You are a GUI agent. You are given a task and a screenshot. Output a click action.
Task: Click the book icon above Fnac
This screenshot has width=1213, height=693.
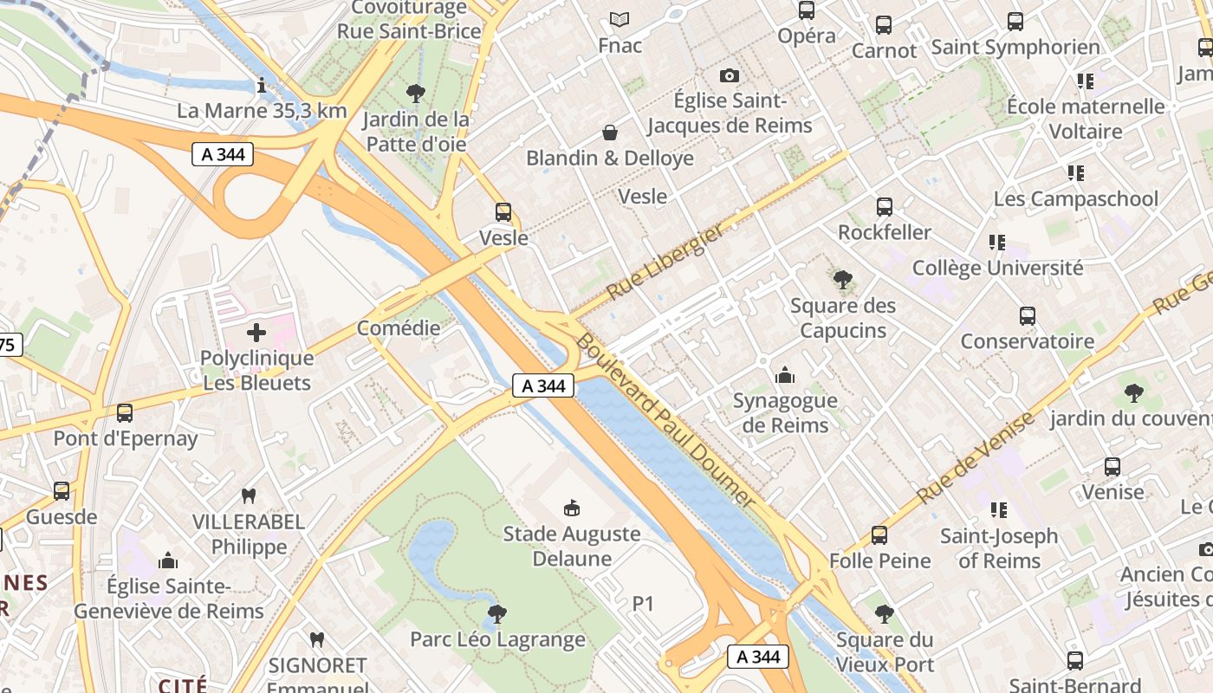[x=619, y=19]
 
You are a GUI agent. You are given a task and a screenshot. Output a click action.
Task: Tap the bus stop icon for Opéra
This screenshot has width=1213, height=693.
[x=807, y=10]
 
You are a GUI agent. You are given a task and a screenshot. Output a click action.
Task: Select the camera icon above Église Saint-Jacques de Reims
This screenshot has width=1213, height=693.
[x=730, y=76]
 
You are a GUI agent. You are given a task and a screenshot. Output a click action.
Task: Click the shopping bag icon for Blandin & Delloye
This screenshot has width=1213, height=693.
[x=610, y=133]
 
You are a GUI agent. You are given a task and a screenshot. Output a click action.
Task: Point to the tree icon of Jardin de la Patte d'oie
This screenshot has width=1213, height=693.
[x=416, y=93]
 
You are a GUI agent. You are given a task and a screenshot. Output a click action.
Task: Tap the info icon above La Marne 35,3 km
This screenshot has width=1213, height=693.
[x=262, y=85]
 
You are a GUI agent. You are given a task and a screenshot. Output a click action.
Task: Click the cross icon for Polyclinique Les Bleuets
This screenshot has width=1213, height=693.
[x=256, y=333]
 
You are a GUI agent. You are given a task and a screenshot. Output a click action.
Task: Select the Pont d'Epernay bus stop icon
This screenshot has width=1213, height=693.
[x=125, y=413]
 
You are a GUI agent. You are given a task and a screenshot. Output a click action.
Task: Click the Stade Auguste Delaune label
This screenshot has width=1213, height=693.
[x=572, y=546]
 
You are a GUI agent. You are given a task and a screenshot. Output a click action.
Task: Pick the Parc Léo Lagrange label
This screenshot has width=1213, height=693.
[x=497, y=640]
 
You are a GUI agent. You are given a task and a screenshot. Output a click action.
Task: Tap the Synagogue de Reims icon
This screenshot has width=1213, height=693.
[x=785, y=375]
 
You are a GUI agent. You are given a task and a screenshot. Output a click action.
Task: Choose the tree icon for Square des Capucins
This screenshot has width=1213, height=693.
[x=842, y=280]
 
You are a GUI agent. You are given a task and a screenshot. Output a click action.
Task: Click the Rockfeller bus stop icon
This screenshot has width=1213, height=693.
[x=884, y=207]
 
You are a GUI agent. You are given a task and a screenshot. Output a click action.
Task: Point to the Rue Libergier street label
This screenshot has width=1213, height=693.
[x=665, y=261]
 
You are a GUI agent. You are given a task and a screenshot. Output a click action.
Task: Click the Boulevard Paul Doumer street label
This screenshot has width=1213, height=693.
[x=665, y=419]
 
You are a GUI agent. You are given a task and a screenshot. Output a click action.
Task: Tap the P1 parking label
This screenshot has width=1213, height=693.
[x=643, y=604]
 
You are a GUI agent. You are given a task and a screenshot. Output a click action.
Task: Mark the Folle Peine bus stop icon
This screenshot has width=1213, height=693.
[x=879, y=535]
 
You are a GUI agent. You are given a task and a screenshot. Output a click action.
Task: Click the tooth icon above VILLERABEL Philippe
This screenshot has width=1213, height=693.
[x=249, y=496]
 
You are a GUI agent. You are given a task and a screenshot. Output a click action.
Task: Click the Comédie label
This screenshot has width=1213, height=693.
[x=399, y=328]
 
